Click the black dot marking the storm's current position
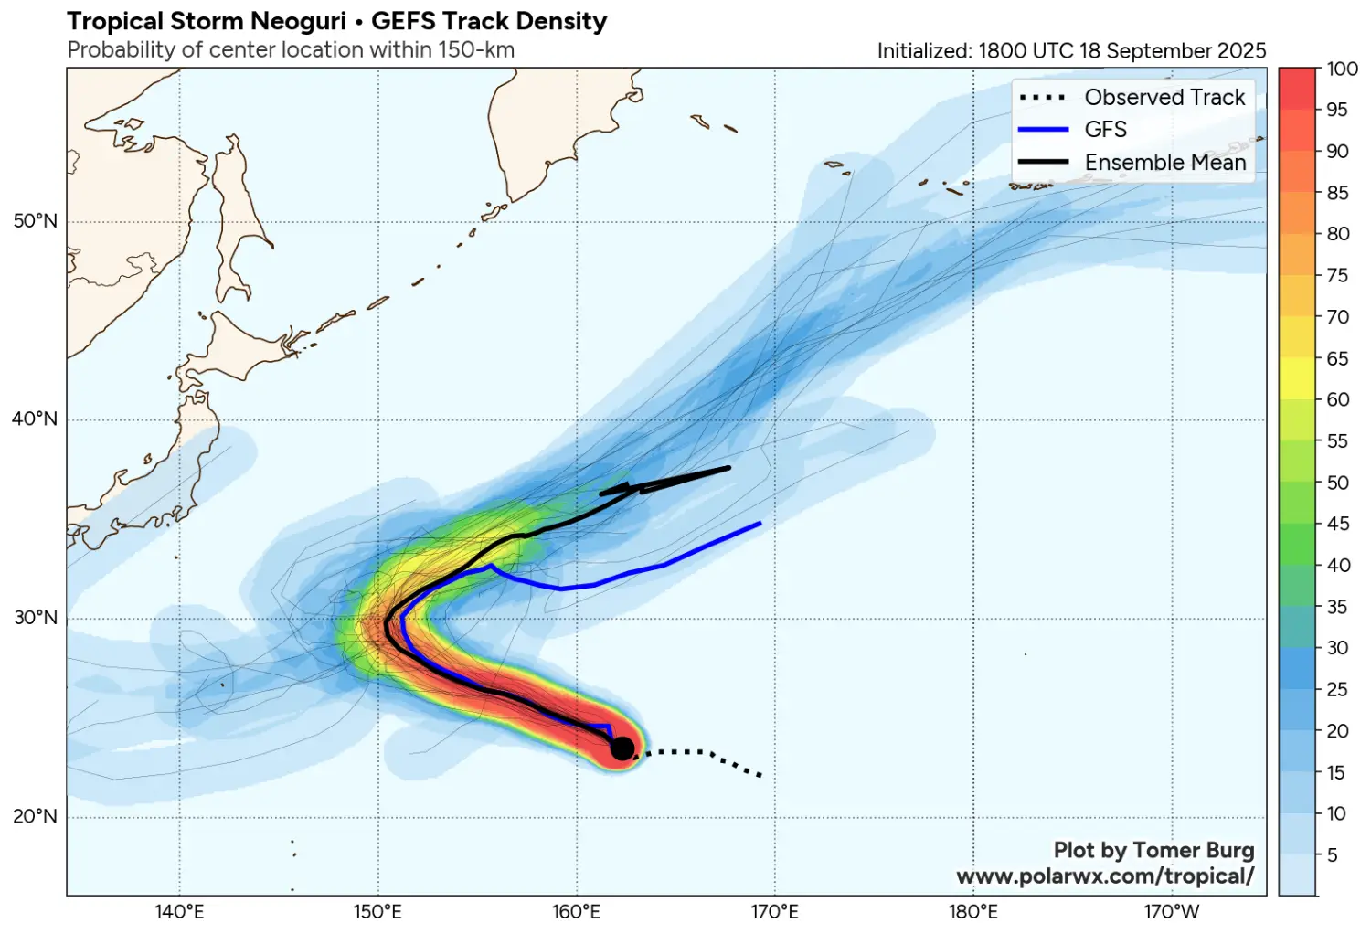(622, 748)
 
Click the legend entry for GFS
(1105, 130)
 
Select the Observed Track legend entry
(1164, 97)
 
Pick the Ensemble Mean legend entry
(1164, 163)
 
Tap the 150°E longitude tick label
(377, 912)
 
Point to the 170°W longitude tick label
(1171, 912)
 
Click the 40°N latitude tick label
(35, 419)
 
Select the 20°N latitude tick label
(35, 816)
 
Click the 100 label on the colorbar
(1342, 69)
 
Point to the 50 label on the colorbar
(1337, 483)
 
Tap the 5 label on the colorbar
(1333, 855)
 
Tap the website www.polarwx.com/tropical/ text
(1105, 876)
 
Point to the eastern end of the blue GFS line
(760, 524)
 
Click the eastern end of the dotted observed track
(760, 776)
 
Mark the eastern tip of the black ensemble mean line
(729, 468)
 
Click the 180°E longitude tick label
(972, 912)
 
